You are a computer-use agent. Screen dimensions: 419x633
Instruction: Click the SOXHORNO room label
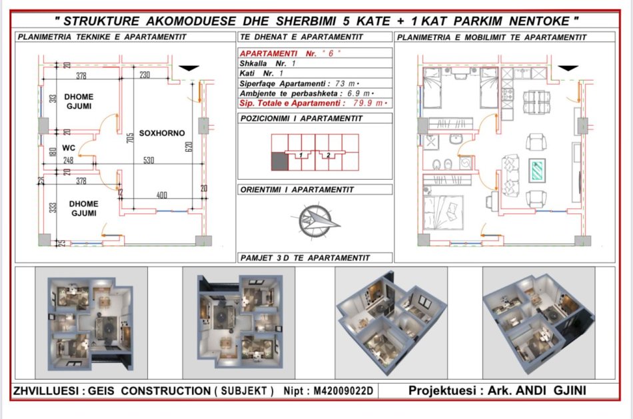162,133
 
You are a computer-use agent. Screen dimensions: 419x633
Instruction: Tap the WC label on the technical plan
68,148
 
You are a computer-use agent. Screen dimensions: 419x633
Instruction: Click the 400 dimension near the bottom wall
162,195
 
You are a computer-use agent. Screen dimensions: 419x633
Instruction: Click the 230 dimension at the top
145,75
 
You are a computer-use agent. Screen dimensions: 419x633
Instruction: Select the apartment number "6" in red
326,52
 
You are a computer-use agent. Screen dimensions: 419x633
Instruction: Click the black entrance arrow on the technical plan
190,67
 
